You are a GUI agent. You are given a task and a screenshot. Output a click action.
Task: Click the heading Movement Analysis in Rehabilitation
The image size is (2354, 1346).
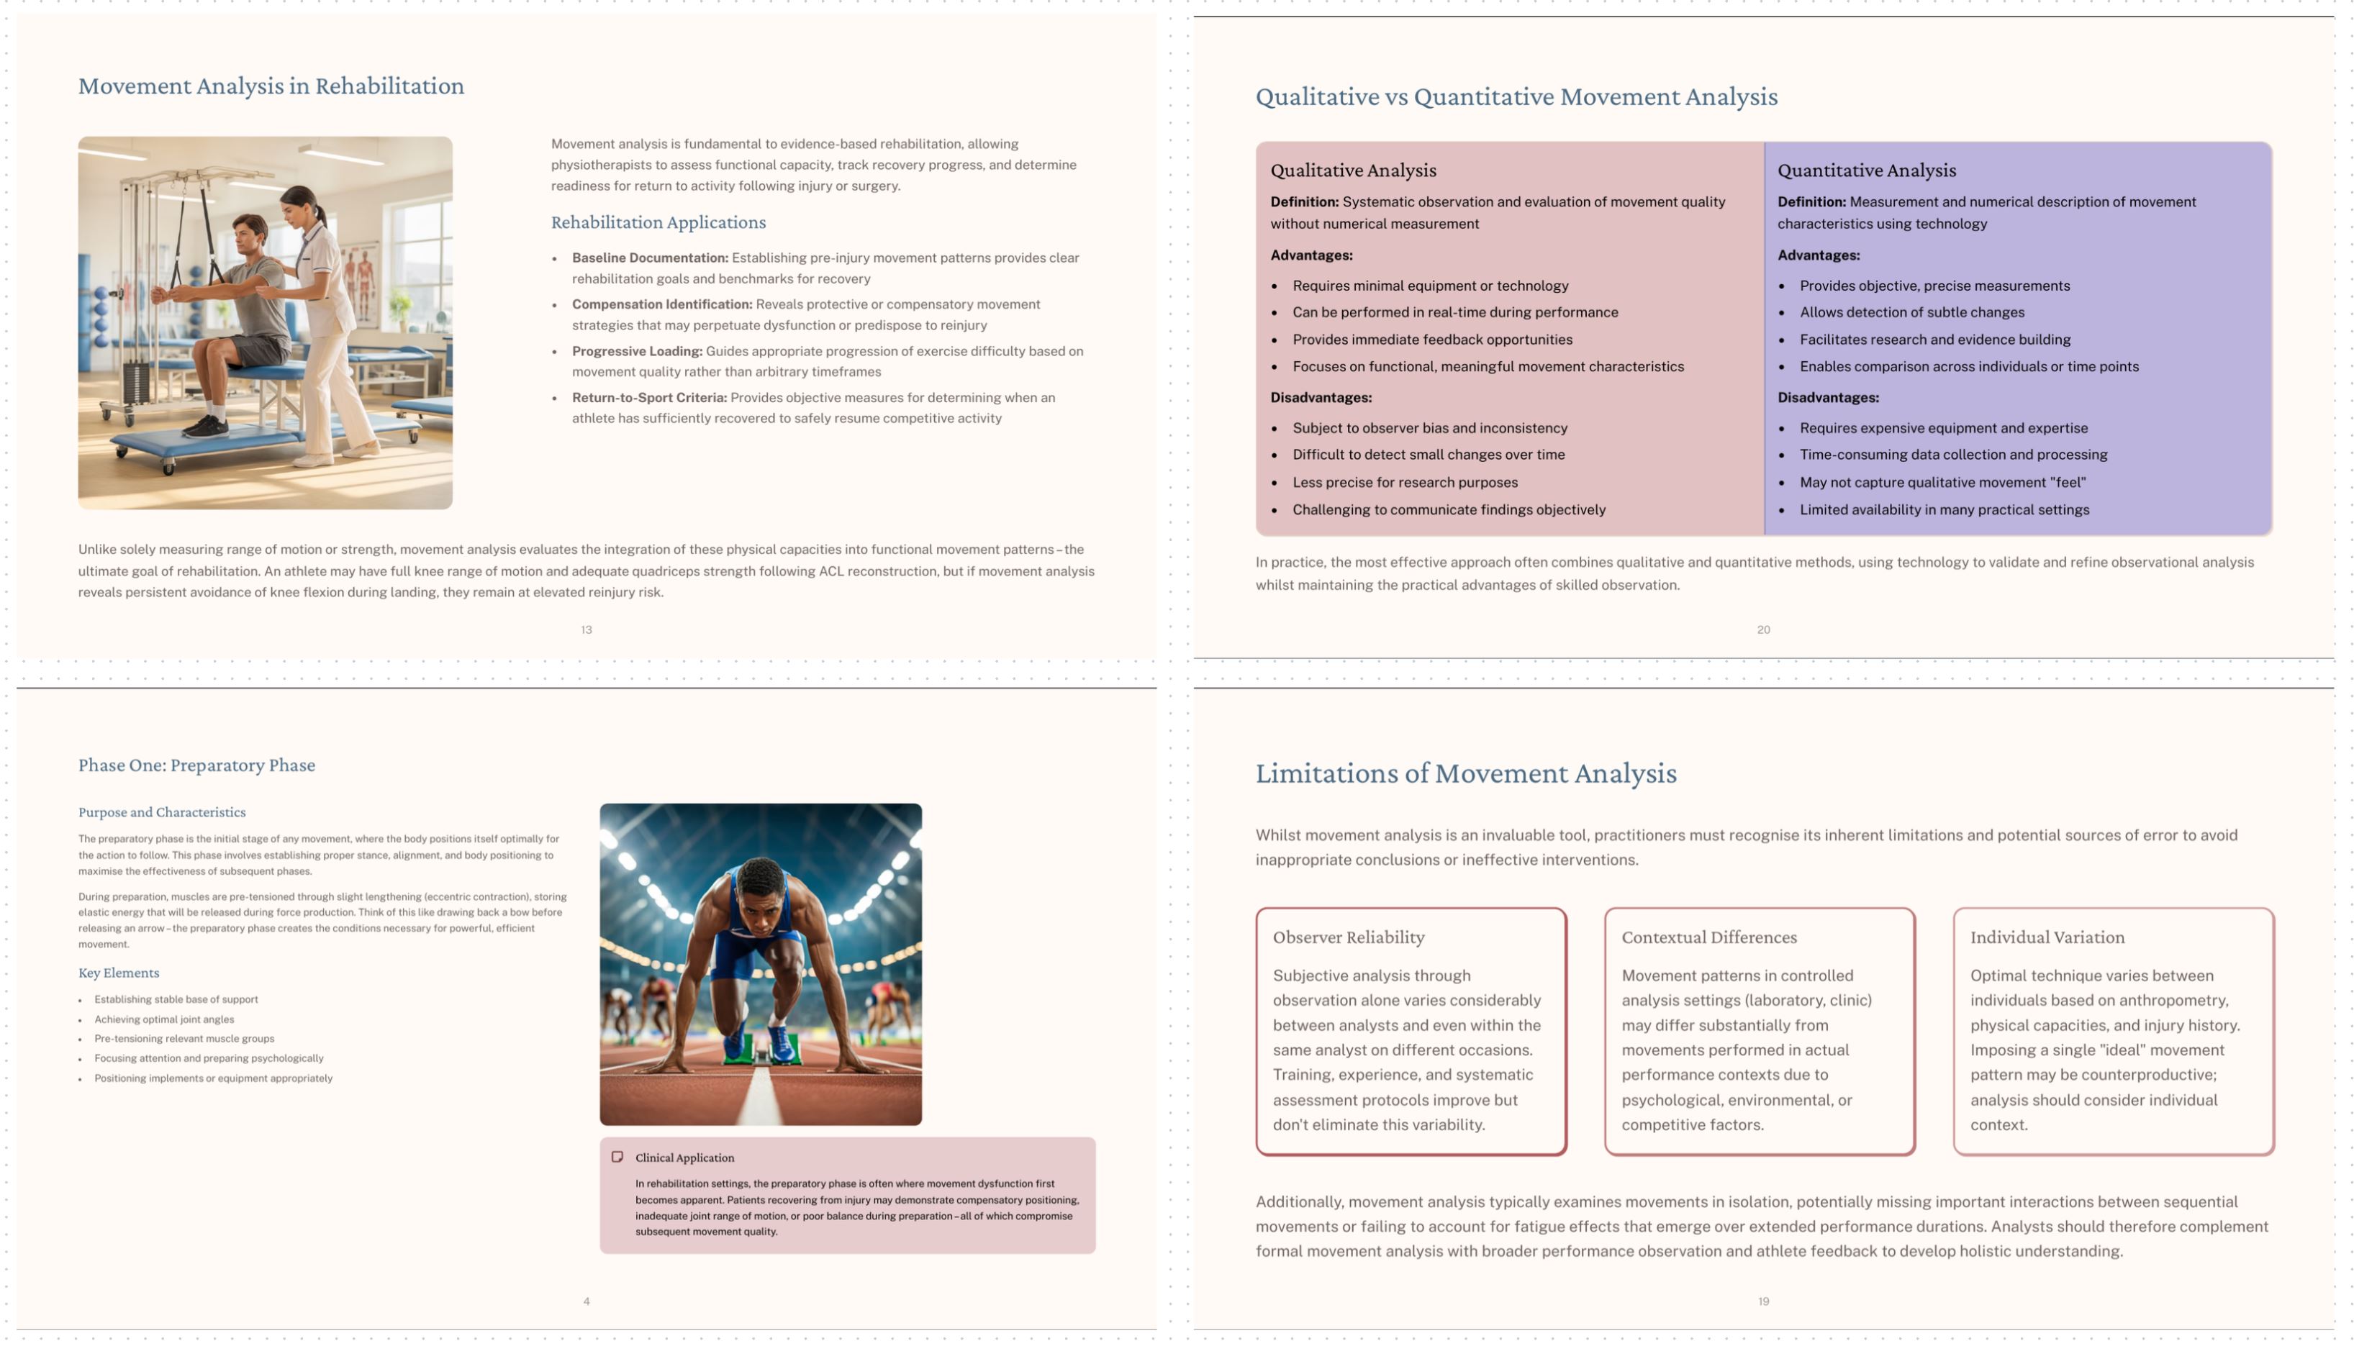tap(271, 86)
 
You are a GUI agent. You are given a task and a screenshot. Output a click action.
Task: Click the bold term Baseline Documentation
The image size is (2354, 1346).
tap(649, 258)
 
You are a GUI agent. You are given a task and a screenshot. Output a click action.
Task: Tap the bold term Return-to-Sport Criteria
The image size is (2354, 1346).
tap(649, 398)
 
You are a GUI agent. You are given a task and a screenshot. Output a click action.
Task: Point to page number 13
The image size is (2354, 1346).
tap(587, 629)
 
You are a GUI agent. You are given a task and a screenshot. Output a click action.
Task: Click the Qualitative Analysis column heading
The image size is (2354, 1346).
tap(1353, 170)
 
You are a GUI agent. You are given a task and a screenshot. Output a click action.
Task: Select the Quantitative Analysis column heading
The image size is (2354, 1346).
tap(1866, 170)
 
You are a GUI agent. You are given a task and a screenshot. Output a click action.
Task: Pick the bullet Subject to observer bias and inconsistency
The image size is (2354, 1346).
tap(1429, 428)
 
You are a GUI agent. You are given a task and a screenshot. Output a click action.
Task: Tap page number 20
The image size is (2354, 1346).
tap(1763, 629)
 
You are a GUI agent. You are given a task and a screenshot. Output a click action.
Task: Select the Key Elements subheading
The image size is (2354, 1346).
tap(118, 973)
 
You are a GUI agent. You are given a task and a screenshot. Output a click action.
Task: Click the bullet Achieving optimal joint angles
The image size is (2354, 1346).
tap(163, 1019)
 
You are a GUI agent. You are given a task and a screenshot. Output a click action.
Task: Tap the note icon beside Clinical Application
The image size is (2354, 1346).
tap(617, 1157)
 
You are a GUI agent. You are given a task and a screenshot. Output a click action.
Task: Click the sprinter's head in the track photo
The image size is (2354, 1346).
tap(761, 888)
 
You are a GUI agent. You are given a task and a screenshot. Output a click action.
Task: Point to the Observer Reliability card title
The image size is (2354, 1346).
tap(1348, 937)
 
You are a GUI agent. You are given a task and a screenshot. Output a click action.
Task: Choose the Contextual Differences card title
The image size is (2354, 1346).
tap(1708, 937)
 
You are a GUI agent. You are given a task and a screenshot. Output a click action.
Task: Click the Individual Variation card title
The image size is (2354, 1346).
tap(2047, 937)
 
